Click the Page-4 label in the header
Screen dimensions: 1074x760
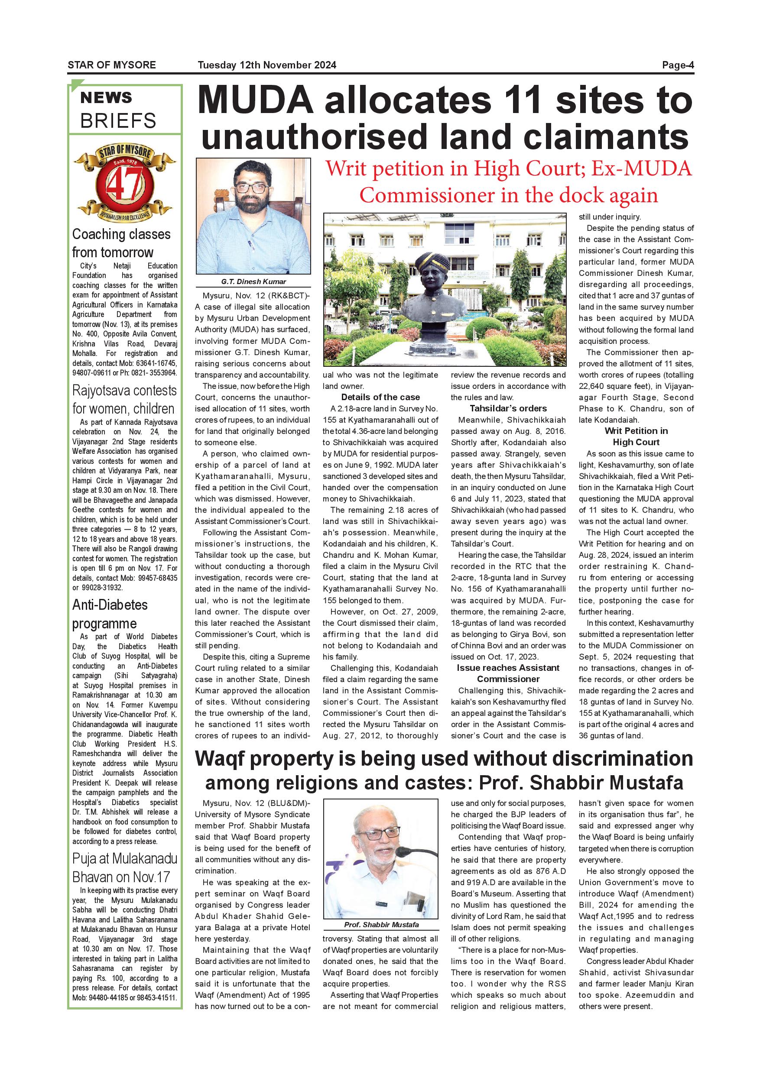tap(678, 65)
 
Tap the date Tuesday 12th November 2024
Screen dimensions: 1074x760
tap(267, 65)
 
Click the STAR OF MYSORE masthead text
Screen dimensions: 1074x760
tap(111, 65)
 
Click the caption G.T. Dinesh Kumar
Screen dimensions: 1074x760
tap(253, 281)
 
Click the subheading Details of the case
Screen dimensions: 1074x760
tap(380, 397)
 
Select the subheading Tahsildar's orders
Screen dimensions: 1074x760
tap(508, 408)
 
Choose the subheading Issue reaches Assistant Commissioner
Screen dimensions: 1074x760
tap(508, 673)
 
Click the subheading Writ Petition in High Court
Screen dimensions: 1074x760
tap(636, 437)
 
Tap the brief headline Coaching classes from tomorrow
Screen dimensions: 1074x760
tap(121, 243)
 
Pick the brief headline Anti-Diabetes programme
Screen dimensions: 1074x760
tap(110, 614)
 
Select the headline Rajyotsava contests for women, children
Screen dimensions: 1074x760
tap(124, 399)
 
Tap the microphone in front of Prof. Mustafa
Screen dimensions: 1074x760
tap(402, 852)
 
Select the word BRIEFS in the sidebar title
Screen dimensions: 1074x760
tap(118, 121)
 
